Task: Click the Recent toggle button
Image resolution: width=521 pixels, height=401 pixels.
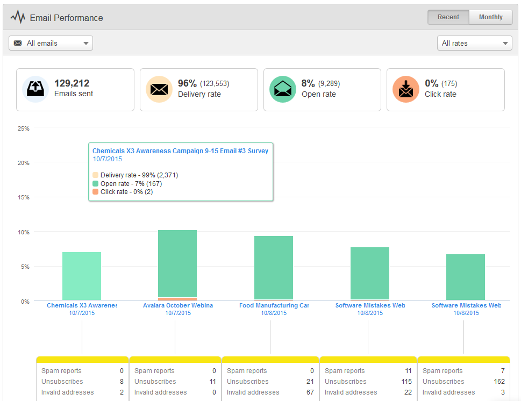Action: point(448,17)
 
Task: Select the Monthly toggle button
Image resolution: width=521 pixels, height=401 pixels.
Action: point(490,17)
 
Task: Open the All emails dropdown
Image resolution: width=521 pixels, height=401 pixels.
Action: point(51,43)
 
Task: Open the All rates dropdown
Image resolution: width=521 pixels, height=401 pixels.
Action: point(475,43)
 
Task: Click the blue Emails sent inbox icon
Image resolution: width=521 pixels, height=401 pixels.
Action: point(35,89)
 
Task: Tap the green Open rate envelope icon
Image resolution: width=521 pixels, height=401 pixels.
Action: point(283,89)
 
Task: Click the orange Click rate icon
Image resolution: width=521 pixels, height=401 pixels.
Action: point(406,89)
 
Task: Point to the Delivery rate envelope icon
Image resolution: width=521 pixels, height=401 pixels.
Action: point(159,89)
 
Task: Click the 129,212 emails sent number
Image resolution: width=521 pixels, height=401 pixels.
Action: point(72,83)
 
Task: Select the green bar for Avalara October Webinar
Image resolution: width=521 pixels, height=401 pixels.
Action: point(177,263)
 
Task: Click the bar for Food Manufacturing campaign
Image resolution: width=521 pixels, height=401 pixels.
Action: point(274,267)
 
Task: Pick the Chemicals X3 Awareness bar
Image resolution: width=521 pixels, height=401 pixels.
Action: point(82,276)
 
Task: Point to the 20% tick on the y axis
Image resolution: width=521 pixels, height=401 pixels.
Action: point(24,163)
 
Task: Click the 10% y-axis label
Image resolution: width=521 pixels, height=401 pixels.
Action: point(24,232)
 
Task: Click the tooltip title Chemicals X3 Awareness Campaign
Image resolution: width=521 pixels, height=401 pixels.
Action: point(180,151)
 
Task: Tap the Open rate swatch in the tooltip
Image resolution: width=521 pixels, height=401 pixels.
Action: point(96,184)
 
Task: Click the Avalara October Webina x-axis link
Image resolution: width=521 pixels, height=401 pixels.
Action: point(178,305)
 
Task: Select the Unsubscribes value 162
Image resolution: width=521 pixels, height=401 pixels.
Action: point(499,382)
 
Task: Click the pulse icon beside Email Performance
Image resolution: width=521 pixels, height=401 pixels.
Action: point(18,18)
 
